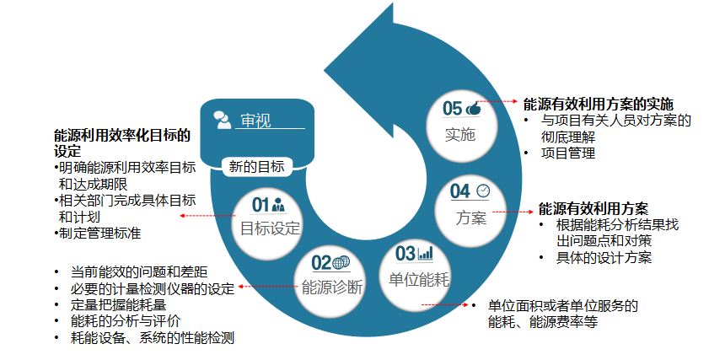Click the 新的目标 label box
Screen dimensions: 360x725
click(x=256, y=166)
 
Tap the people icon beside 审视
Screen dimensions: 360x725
click(x=223, y=120)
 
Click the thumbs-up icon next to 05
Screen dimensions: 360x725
click(x=473, y=109)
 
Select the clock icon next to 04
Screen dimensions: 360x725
click(x=482, y=191)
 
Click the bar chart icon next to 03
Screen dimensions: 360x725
click(x=426, y=252)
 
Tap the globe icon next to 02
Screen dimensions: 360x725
click(x=341, y=262)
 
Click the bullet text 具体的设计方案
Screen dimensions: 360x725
click(x=604, y=257)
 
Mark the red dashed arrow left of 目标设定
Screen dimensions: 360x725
click(x=208, y=217)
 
